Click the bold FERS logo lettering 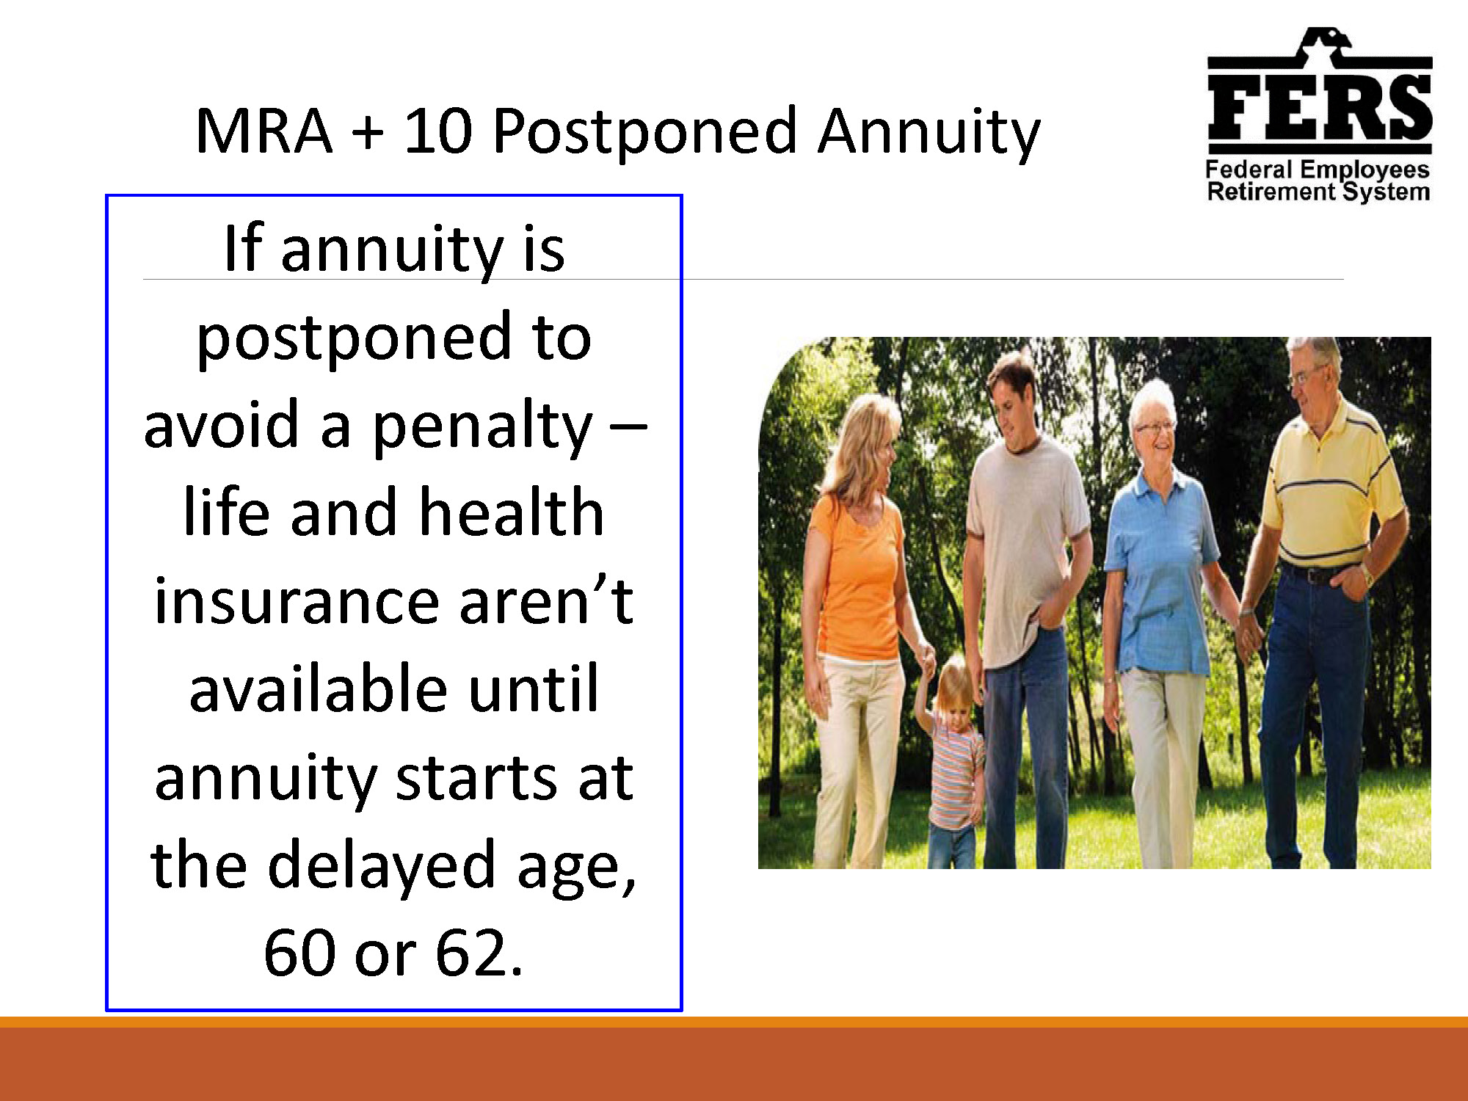click(x=1319, y=107)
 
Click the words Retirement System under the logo click(x=1318, y=192)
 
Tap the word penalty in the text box click(x=482, y=426)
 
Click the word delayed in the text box click(x=382, y=866)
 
